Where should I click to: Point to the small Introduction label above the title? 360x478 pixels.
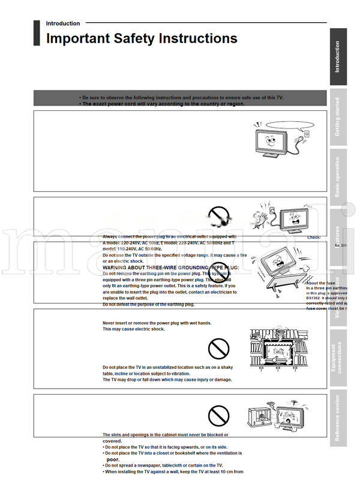click(x=62, y=23)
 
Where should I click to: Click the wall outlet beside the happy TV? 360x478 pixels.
click(x=306, y=135)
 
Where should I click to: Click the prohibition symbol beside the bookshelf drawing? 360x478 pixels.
click(x=218, y=349)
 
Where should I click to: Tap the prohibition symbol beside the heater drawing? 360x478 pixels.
click(x=218, y=414)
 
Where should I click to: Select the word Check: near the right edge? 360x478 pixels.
click(x=314, y=237)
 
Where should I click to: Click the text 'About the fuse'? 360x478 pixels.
click(x=320, y=282)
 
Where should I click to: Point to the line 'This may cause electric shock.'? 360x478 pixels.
click(x=133, y=329)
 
